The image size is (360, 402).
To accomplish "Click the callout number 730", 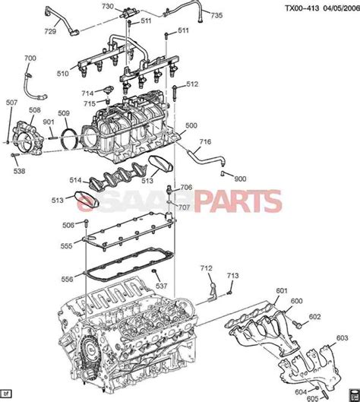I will pos(108,7).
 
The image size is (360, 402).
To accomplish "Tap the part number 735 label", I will pos(216,15).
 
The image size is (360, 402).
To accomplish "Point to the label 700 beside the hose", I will pos(30,59).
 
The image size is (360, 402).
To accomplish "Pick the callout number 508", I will pos(35,110).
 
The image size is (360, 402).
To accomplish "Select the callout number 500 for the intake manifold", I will pos(191,125).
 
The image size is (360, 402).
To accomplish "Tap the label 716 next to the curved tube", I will pos(204,142).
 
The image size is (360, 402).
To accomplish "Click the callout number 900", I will pos(240,178).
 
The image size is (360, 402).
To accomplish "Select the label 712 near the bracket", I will pos(206,267).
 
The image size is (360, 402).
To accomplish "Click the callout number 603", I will pos(342,337).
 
